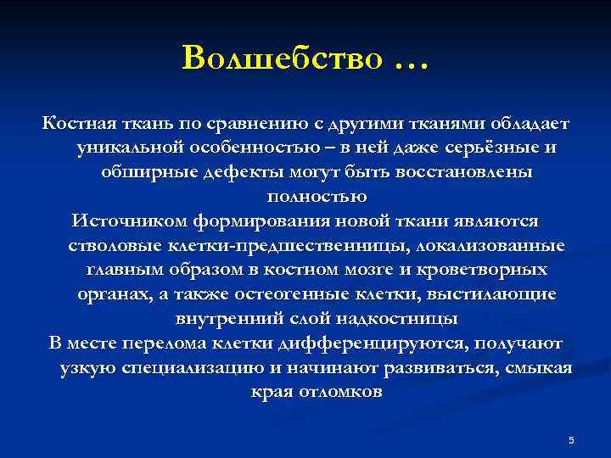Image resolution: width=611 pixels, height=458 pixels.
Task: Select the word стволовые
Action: pyautogui.click(x=104, y=246)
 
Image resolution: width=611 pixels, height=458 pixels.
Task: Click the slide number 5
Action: pyautogui.click(x=571, y=439)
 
